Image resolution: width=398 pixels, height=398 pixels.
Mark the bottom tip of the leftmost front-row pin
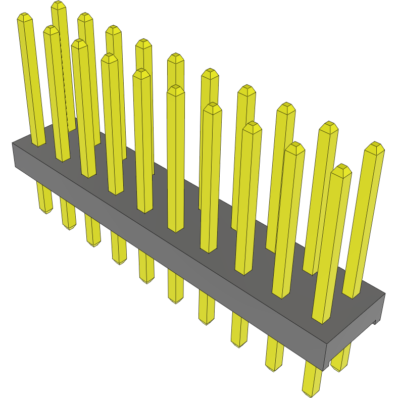click(x=46, y=211)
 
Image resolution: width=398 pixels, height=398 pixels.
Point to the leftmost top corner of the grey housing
click(x=12, y=143)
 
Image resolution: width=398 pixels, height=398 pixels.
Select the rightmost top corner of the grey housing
click(x=385, y=293)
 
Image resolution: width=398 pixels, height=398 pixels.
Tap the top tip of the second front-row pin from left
click(x=51, y=29)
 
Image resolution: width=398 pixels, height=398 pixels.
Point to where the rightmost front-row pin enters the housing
click(x=323, y=321)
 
